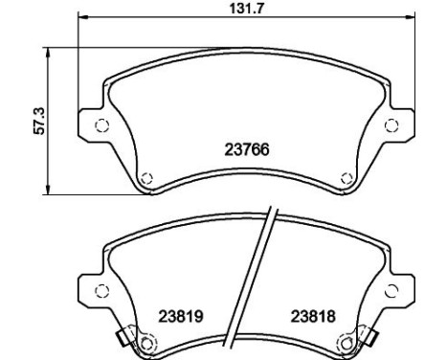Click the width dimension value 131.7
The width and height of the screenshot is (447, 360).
pyautogui.click(x=246, y=9)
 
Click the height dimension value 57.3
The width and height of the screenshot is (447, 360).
pyautogui.click(x=40, y=121)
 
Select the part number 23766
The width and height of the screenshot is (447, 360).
pyautogui.click(x=247, y=149)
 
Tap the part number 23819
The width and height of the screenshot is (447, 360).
pyautogui.click(x=181, y=317)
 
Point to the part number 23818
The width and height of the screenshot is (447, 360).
pyautogui.click(x=313, y=316)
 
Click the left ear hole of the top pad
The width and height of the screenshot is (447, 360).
pyautogui.click(x=102, y=125)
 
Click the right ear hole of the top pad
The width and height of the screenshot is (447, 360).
pyautogui.click(x=391, y=125)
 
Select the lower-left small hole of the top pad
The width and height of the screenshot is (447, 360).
pyautogui.click(x=146, y=178)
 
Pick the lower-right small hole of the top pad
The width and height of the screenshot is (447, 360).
pyautogui.click(x=346, y=178)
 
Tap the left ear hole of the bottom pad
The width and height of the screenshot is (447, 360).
pyautogui.click(x=102, y=291)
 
